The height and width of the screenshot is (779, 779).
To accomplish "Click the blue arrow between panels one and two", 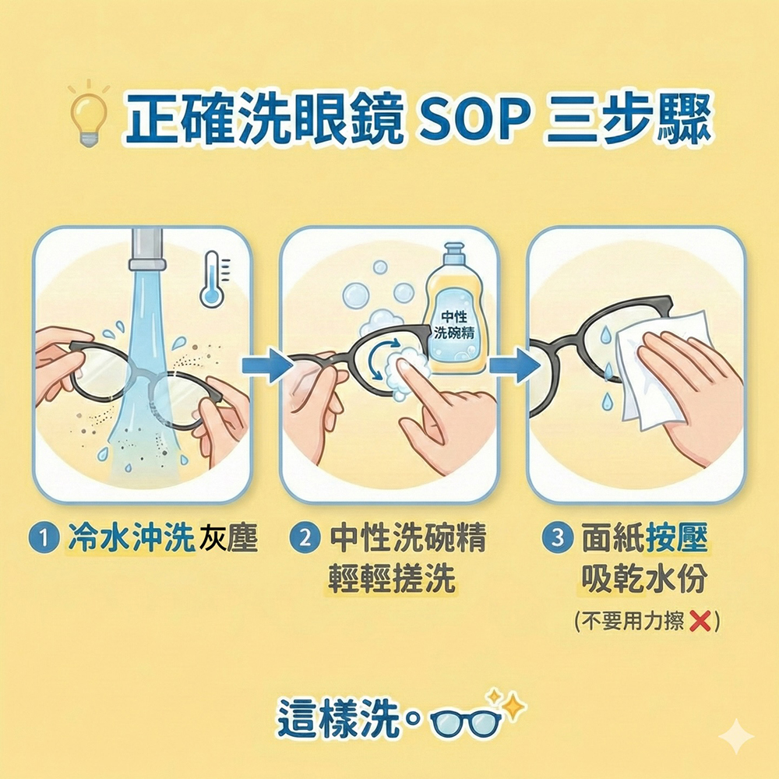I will point(264,365).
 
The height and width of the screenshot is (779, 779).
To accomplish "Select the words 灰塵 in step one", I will point(228,538).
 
